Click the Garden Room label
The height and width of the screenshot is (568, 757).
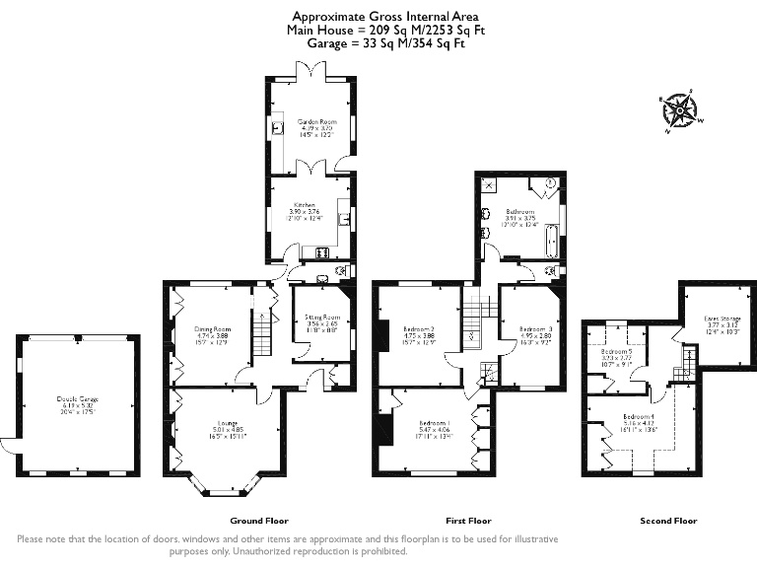point(310,121)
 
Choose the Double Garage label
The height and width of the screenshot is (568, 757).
point(77,398)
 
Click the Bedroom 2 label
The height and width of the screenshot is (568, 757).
point(420,328)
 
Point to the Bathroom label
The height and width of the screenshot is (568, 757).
point(520,211)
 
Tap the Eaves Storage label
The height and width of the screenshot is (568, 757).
point(723,319)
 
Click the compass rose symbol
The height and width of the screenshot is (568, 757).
point(677,109)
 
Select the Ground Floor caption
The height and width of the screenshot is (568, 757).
point(258,520)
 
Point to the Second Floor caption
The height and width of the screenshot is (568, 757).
point(668,520)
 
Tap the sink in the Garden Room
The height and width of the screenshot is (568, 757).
point(279,126)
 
